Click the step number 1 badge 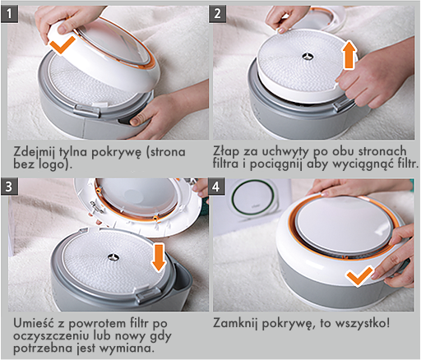[9, 14]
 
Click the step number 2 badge [218, 14]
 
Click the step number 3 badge [9, 187]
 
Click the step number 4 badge [216, 187]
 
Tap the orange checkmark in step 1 [62, 44]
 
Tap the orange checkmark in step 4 [359, 275]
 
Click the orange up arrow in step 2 [349, 55]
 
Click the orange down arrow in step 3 [159, 258]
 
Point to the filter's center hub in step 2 [308, 56]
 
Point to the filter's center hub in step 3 [113, 257]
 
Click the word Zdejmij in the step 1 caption [35, 152]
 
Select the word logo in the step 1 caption [50, 164]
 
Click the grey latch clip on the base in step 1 [87, 110]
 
